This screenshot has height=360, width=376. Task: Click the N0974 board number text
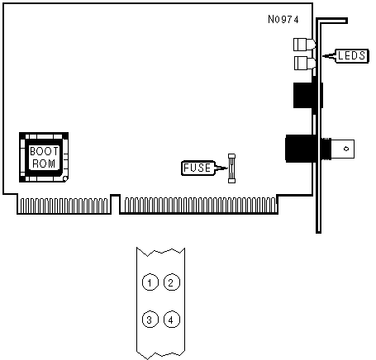[283, 19]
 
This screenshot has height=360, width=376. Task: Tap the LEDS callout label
[351, 56]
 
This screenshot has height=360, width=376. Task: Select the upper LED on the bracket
[304, 45]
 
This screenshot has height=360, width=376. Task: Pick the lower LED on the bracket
[304, 63]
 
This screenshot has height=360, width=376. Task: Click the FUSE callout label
[198, 168]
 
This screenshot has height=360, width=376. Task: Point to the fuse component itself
[231, 168]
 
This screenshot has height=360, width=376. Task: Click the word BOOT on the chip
[44, 151]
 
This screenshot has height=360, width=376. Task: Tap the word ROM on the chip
[44, 163]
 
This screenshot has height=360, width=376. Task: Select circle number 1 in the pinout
[150, 282]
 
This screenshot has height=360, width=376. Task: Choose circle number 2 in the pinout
[171, 282]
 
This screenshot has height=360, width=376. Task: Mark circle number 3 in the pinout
[150, 320]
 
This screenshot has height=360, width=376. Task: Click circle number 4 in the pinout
[171, 320]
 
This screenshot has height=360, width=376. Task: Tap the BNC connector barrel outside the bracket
[338, 149]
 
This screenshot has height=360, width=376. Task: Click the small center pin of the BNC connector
[346, 149]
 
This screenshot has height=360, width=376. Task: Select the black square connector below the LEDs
[304, 95]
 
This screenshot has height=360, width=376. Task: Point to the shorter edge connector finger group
[64, 206]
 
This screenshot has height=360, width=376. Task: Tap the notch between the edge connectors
[116, 204]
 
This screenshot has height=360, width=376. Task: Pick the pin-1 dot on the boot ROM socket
[65, 179]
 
